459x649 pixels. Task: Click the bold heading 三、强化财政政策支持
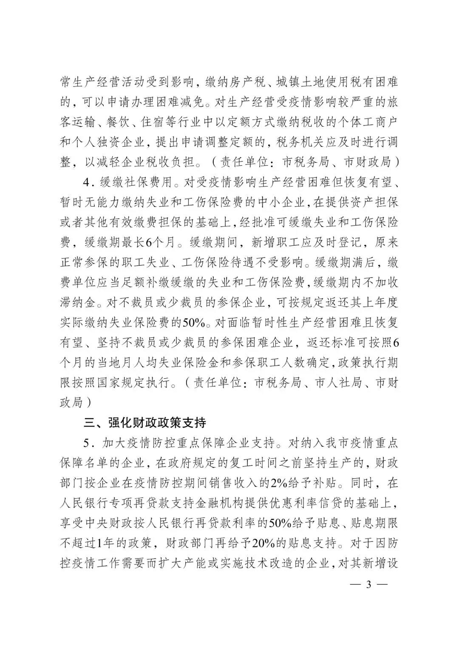145,423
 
